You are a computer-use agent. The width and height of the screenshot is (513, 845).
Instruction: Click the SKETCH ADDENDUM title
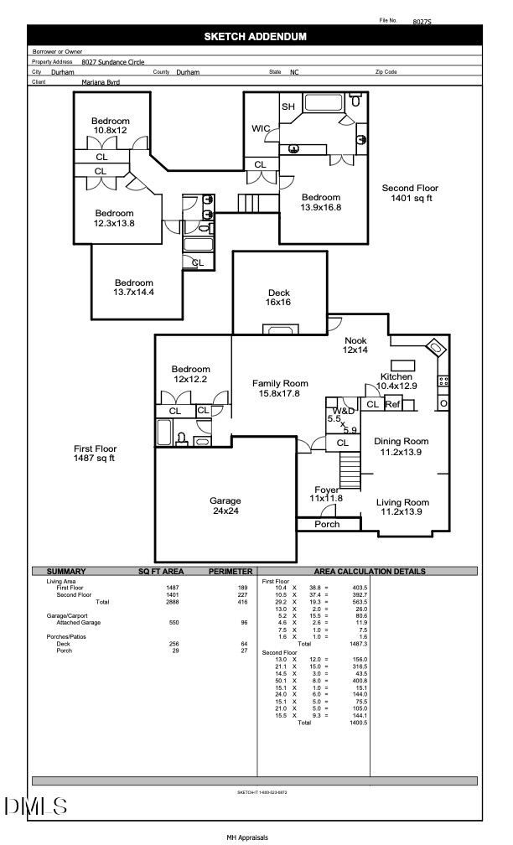pyautogui.click(x=256, y=36)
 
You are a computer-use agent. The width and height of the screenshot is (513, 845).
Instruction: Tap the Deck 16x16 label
pyautogui.click(x=278, y=298)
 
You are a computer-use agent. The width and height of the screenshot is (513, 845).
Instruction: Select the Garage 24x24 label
pyautogui.click(x=225, y=505)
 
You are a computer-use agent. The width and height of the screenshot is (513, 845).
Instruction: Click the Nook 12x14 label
pyautogui.click(x=355, y=345)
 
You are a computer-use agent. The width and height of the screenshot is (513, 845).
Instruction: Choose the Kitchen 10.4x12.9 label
pyautogui.click(x=397, y=381)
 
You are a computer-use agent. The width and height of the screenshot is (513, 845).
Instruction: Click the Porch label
pyautogui.click(x=327, y=525)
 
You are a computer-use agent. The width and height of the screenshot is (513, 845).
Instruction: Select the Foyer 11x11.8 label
pyautogui.click(x=326, y=495)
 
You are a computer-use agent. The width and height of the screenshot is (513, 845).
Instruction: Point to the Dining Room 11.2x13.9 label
pyautogui.click(x=401, y=446)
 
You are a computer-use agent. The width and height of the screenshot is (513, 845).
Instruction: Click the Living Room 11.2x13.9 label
pyautogui.click(x=402, y=507)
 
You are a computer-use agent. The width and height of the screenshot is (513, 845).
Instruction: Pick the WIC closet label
pyautogui.click(x=261, y=129)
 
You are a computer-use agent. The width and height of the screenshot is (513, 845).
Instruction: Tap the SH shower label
pyautogui.click(x=288, y=106)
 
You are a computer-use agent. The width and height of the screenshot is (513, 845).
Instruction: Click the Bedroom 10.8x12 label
pyautogui.click(x=111, y=126)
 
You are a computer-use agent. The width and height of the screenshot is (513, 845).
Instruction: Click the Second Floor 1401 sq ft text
pyautogui.click(x=410, y=194)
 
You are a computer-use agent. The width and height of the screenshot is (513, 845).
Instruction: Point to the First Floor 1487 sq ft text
pyautogui.click(x=94, y=454)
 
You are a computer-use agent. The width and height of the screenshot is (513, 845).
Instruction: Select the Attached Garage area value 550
pyautogui.click(x=173, y=623)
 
